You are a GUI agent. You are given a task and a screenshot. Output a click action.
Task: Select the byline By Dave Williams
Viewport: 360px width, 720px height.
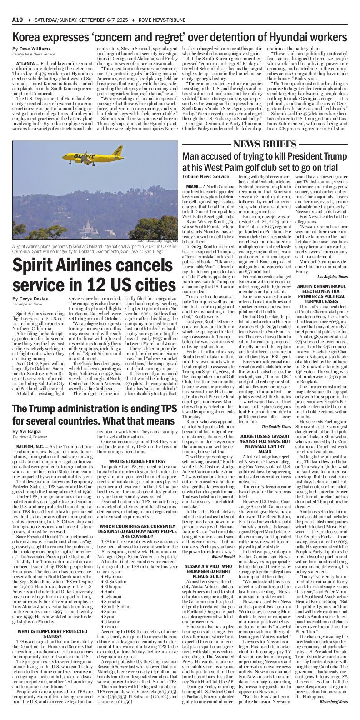29,49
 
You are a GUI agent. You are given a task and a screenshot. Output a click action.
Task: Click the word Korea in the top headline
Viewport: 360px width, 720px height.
28,36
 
